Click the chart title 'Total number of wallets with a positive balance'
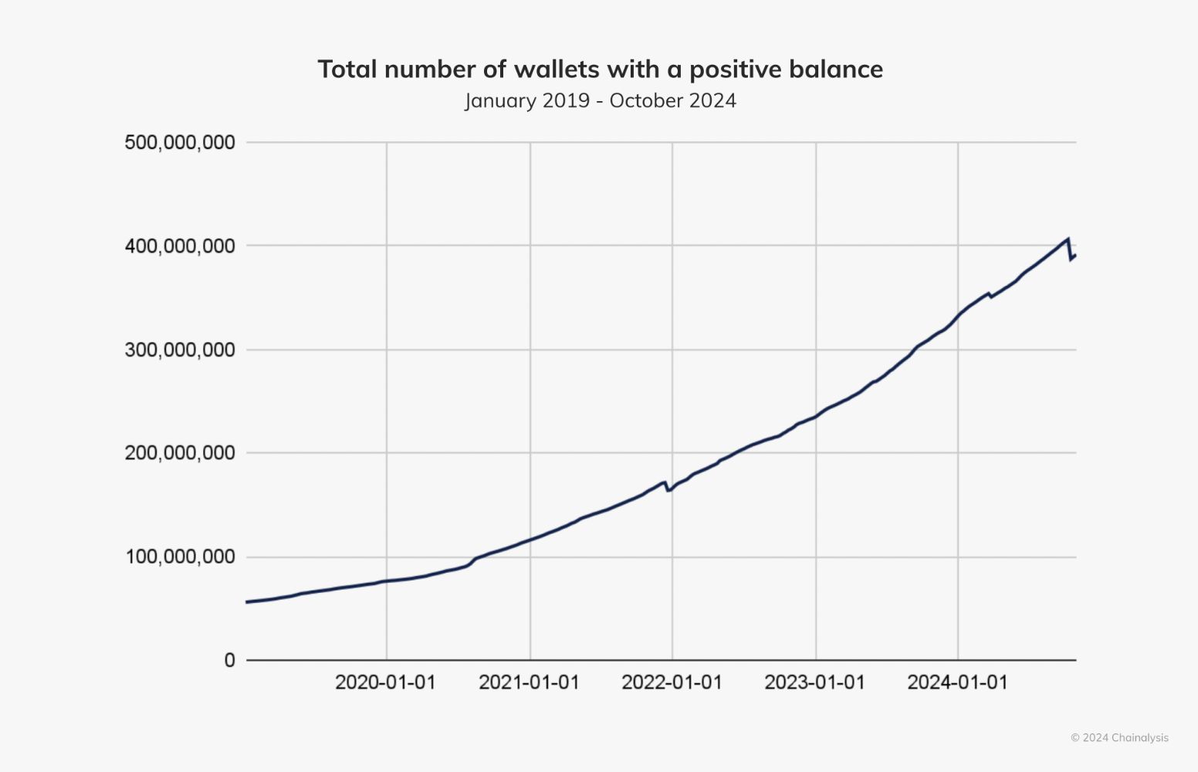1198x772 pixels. click(600, 69)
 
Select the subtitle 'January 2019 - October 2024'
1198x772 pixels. click(600, 101)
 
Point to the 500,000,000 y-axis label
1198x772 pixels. click(180, 143)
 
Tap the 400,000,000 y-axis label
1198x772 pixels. click(180, 246)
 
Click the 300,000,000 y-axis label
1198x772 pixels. click(180, 350)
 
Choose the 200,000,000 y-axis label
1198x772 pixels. click(180, 453)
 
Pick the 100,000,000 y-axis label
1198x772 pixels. click(180, 557)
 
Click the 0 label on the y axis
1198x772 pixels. click(229, 660)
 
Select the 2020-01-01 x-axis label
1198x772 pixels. click(385, 682)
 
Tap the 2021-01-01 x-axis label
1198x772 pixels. click(529, 682)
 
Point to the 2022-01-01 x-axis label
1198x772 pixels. click(672, 682)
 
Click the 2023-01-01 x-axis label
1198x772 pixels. click(814, 682)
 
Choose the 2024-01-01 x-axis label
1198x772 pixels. click(957, 682)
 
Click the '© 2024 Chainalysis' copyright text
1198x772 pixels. click(1119, 738)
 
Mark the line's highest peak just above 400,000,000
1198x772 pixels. click(1068, 239)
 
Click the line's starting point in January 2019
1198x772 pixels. click(247, 601)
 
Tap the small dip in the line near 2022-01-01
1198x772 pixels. click(668, 490)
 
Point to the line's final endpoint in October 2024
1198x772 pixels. click(1075, 256)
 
